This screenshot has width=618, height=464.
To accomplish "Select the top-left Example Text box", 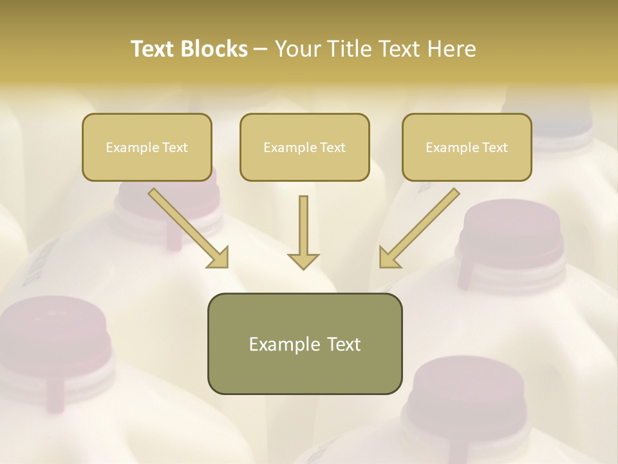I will click(147, 147).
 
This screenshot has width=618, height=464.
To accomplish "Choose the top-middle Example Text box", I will click(304, 147).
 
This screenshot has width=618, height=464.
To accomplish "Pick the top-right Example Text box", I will click(467, 147).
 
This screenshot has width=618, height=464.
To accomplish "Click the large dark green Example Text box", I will click(304, 343).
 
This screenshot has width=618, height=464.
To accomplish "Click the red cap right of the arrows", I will click(509, 232).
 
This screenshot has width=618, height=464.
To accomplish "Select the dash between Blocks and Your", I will click(261, 49).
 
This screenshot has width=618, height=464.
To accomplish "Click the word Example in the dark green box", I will click(276, 344).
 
